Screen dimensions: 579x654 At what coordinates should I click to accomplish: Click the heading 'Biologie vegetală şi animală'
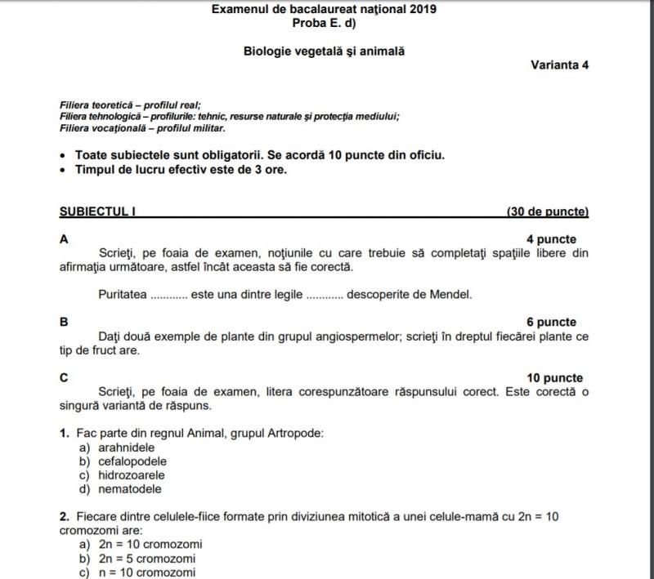click(x=325, y=51)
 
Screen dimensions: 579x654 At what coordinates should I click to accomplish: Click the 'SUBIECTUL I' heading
click(x=97, y=212)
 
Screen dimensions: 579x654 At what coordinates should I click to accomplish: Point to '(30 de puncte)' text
click(x=547, y=212)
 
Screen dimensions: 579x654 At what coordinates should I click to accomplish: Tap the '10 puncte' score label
click(x=555, y=378)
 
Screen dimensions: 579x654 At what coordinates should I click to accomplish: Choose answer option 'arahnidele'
click(x=126, y=448)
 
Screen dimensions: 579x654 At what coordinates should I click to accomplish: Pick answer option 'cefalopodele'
click(x=132, y=461)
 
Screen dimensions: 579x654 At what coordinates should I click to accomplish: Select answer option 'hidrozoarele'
click(x=132, y=475)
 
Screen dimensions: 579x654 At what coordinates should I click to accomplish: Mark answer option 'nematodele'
click(x=129, y=489)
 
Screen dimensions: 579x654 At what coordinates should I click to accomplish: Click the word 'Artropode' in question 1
click(x=295, y=433)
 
